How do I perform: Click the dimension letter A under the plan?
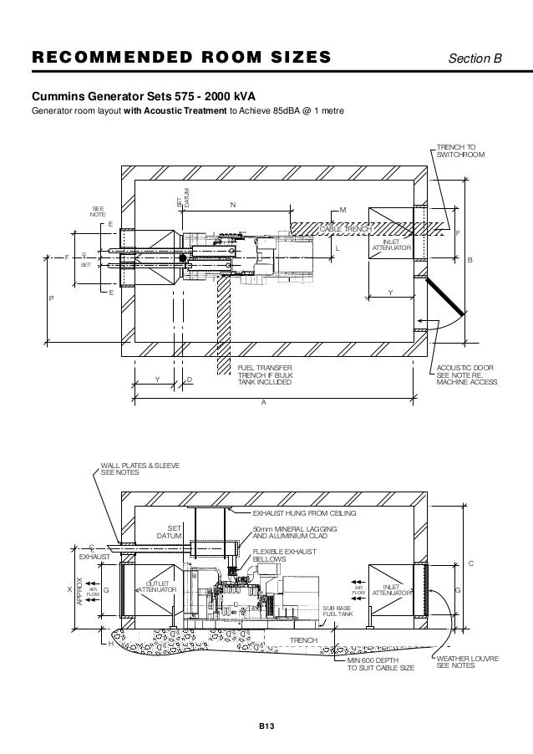[264, 402]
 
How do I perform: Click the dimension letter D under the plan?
[190, 380]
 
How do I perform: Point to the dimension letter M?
[343, 209]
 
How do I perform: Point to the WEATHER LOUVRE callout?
[468, 662]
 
